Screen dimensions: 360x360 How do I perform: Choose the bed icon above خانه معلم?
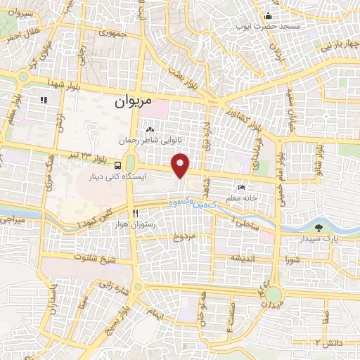[242, 188]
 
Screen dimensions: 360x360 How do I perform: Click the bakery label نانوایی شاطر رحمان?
[160, 141]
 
